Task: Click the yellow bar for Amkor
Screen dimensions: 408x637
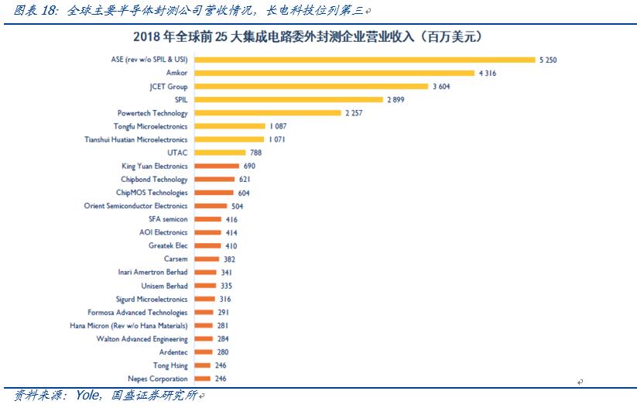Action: pos(334,73)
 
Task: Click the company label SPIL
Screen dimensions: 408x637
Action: pos(180,100)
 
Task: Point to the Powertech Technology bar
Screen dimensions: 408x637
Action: pos(267,113)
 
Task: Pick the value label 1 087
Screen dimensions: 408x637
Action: pos(278,126)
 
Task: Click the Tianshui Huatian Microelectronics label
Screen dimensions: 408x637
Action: pos(135,139)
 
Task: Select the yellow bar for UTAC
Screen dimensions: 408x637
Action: pos(219,153)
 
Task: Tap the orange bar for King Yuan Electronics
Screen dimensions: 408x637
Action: pos(217,166)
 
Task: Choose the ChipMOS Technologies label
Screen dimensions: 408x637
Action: pos(152,193)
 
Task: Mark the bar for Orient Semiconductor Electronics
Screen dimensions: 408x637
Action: pos(210,206)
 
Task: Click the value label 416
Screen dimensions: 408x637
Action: pos(231,220)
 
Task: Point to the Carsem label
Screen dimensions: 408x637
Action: pos(176,259)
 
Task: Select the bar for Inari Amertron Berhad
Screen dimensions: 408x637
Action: pos(204,273)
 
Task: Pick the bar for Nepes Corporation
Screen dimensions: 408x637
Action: pos(201,379)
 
